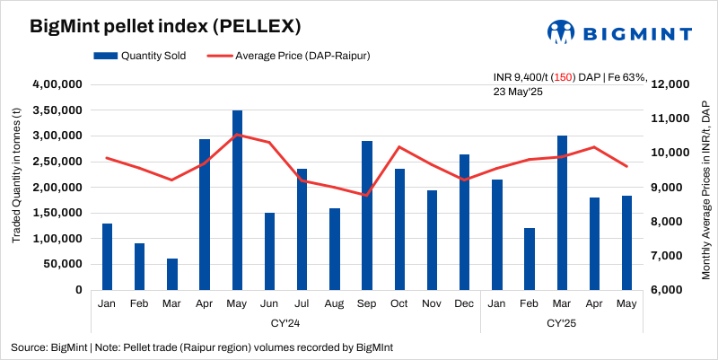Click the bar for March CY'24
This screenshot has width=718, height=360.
tap(172, 274)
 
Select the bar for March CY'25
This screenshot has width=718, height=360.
tap(562, 213)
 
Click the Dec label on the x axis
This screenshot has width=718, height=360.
tap(465, 304)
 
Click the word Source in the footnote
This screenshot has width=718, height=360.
tap(28, 347)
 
